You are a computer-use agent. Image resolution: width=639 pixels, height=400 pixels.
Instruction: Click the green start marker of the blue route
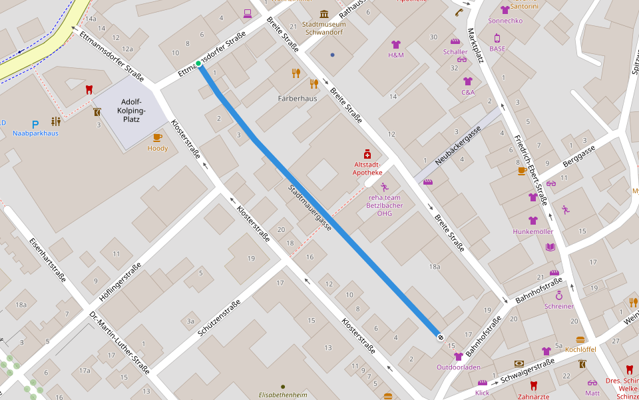tap(198, 63)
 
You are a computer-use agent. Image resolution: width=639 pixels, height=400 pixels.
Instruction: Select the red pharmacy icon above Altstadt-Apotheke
tap(367, 154)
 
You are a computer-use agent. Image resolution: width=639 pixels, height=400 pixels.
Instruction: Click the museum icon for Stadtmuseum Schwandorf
tap(324, 14)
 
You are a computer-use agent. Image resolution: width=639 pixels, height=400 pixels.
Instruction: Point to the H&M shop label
tap(396, 55)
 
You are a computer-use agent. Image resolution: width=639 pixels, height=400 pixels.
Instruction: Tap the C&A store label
tap(468, 92)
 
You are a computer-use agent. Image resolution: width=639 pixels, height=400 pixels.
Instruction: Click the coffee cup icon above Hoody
tap(158, 137)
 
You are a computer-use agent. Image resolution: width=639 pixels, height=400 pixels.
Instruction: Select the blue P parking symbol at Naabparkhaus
tap(35, 123)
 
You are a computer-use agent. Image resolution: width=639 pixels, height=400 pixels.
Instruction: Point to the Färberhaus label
tap(297, 98)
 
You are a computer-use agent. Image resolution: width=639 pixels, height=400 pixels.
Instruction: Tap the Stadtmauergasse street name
tap(310, 207)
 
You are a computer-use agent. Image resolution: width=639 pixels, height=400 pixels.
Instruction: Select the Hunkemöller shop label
tap(532, 231)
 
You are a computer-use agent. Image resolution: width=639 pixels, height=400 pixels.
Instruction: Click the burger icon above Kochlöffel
tap(580, 339)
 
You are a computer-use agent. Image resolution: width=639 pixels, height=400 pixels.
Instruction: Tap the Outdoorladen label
tap(458, 367)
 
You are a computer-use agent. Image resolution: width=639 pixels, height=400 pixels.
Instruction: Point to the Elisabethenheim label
tap(283, 395)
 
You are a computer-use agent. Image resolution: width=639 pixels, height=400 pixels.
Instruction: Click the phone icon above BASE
tap(497, 38)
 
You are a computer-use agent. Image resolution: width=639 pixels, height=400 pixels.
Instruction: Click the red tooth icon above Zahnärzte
tap(533, 385)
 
